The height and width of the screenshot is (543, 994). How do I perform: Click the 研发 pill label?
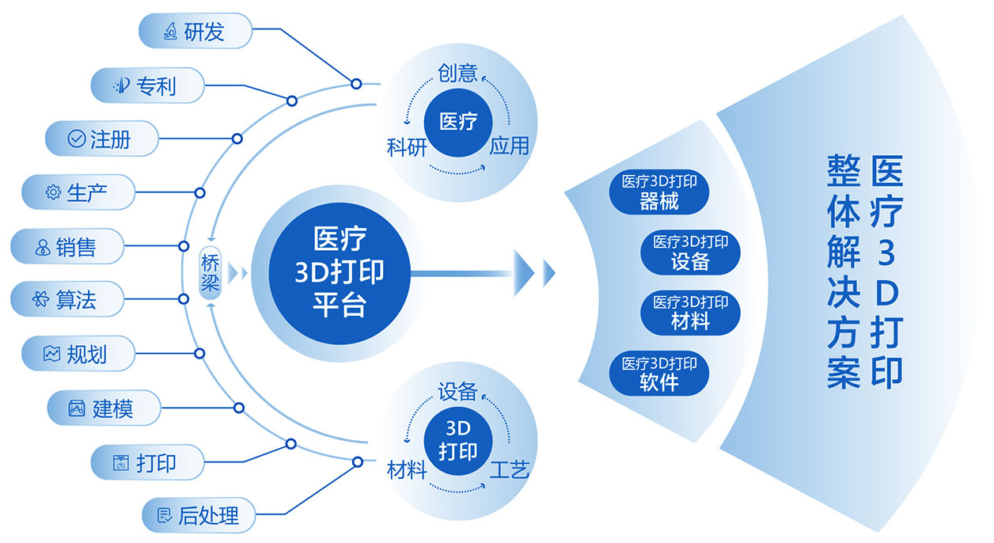point(195,32)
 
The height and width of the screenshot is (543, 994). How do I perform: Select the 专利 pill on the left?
point(147,85)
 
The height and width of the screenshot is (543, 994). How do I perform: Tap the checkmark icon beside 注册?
point(77,139)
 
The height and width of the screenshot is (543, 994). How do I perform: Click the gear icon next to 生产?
point(53,192)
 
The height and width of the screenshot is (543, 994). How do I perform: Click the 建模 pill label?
point(104,408)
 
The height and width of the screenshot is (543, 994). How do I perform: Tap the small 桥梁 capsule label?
point(210,273)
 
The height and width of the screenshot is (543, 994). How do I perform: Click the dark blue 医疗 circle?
point(459,122)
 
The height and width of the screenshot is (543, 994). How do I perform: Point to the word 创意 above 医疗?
point(458,74)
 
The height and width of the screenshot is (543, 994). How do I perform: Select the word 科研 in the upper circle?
point(407,147)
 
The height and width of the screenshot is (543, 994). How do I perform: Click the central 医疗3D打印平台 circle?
point(339,272)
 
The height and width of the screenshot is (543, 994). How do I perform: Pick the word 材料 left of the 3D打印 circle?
point(407,469)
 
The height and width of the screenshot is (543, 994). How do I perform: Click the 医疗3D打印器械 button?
point(659,192)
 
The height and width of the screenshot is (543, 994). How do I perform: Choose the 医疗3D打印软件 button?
point(659,374)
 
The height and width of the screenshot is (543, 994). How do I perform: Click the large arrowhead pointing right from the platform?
point(526,273)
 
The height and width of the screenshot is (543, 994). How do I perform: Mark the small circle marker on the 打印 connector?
point(290,444)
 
